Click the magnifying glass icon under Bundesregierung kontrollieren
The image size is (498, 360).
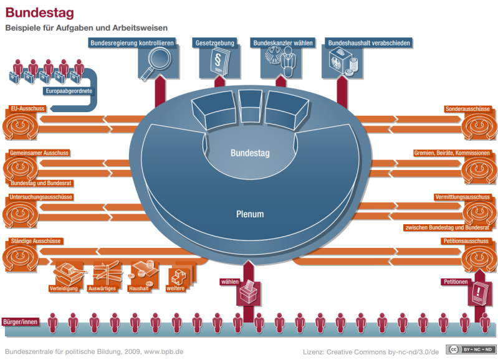[x=151, y=64]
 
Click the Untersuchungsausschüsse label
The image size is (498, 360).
[x=41, y=197]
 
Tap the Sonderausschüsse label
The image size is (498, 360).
[x=467, y=108]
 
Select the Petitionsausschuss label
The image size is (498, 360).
[x=465, y=240]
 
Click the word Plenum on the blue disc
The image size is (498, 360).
[x=249, y=214]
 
